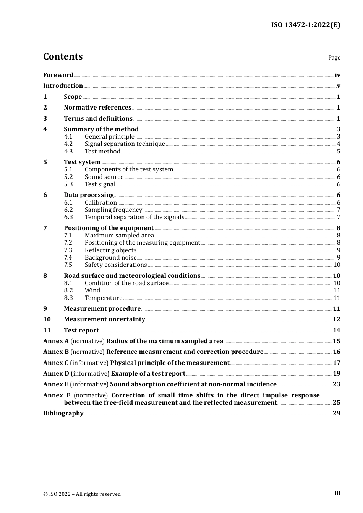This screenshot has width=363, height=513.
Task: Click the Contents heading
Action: click(63, 56)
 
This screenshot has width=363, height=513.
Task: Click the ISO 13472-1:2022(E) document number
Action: click(305, 25)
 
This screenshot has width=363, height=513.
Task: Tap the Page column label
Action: click(334, 58)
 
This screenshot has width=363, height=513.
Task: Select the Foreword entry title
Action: click(58, 75)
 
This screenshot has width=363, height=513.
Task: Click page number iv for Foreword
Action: click(337, 75)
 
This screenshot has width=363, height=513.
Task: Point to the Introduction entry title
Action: click(63, 86)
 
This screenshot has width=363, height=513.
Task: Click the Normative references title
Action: click(97, 108)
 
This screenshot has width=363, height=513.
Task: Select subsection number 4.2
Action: click(68, 144)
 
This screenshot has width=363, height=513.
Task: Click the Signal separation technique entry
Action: click(125, 144)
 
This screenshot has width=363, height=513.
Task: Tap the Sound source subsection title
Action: click(104, 177)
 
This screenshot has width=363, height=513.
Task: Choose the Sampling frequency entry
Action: click(113, 210)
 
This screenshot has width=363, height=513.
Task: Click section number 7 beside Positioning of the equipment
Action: click(45, 228)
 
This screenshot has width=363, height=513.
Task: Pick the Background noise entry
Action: click(110, 258)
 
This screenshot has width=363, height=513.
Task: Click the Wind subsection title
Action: click(92, 290)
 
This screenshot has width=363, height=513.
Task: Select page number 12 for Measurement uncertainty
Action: click(336, 319)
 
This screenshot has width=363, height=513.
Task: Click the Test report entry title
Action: click(81, 331)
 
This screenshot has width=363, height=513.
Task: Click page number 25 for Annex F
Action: click(336, 403)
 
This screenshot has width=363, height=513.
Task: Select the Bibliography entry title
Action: click(63, 413)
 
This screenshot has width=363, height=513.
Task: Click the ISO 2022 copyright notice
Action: click(82, 494)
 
